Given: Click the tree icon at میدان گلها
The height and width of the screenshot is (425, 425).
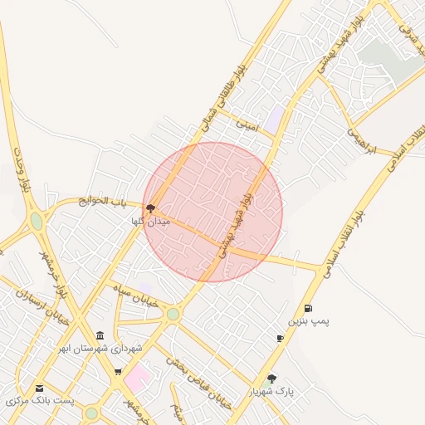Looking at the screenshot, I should (x=150, y=209).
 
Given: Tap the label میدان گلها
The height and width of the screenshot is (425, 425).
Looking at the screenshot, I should (x=150, y=222).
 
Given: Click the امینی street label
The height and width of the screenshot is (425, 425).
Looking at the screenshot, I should (x=247, y=125).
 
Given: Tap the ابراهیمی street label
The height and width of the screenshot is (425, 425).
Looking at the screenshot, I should (x=361, y=139).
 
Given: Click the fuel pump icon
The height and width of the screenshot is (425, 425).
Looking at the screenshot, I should (x=309, y=308).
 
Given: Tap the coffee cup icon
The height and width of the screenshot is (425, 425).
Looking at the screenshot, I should (x=281, y=338).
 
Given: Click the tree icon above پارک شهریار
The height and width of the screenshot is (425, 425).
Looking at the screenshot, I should (x=272, y=379).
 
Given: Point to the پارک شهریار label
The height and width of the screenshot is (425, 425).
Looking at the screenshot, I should (x=271, y=391).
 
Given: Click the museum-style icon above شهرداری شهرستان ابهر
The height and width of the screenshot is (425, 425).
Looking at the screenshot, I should (x=100, y=335).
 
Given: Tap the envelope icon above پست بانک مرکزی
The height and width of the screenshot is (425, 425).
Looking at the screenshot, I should (x=39, y=388).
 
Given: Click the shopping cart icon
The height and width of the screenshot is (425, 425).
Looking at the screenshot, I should (x=117, y=373).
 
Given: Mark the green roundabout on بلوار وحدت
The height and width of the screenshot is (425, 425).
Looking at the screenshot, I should (x=37, y=222).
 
